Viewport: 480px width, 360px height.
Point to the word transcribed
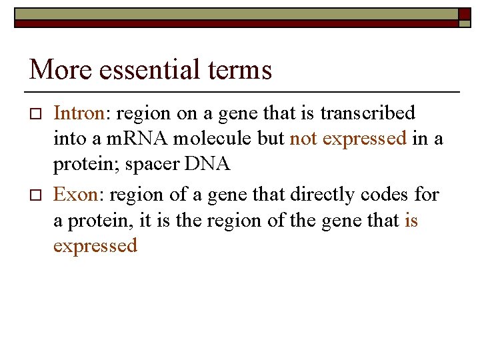click(x=367, y=113)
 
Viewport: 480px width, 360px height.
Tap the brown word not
click(x=303, y=139)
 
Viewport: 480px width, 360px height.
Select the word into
click(x=68, y=139)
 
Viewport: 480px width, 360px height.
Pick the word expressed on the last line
click(x=95, y=246)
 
